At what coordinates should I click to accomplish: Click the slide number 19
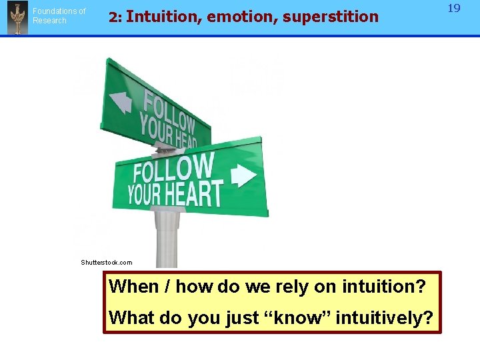(454, 9)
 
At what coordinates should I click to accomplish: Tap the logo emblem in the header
(17, 18)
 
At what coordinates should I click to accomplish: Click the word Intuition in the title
(163, 17)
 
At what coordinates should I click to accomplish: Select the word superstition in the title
(331, 17)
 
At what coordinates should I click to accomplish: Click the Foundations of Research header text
(59, 16)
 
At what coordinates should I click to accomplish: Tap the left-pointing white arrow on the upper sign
(121, 101)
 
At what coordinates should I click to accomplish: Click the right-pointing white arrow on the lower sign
(243, 175)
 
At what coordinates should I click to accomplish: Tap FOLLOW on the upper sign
(169, 109)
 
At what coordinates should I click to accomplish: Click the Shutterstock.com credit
(107, 263)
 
